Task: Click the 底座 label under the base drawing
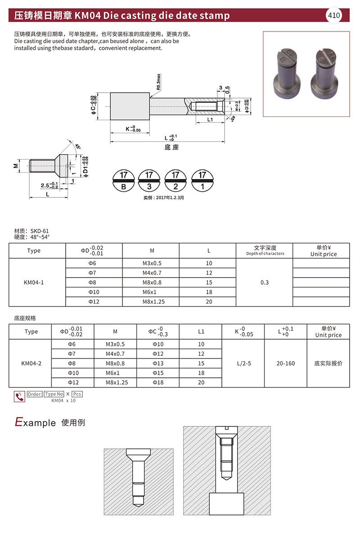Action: [171, 147]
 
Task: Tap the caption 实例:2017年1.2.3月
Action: [164, 197]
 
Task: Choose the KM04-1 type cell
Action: [33, 282]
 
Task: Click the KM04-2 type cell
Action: [31, 363]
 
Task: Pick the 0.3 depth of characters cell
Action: [265, 282]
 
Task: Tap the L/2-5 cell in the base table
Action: [243, 363]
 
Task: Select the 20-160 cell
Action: [286, 363]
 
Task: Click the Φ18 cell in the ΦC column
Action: [158, 382]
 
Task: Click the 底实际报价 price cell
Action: [328, 363]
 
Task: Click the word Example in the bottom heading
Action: [36, 422]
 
